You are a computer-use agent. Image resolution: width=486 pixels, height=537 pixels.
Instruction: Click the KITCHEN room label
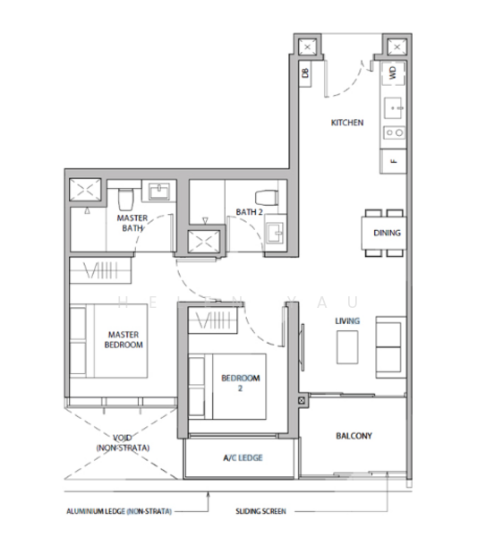point(347,123)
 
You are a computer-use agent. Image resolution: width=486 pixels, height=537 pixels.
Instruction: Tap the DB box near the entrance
point(305,73)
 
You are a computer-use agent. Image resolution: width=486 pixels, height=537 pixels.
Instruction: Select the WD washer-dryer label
point(393,72)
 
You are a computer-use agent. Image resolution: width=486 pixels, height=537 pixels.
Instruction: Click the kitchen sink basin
point(393,108)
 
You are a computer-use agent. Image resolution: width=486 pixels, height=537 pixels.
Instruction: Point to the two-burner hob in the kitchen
point(394,132)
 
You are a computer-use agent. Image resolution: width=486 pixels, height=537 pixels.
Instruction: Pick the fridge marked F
point(394,161)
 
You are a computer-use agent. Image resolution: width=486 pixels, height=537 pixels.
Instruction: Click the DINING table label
point(387,233)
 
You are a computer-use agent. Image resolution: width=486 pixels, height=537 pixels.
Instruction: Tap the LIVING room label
point(347,321)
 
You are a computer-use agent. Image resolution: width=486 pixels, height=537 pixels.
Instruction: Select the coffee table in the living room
point(347,347)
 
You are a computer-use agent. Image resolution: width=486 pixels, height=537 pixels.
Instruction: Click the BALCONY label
point(354,436)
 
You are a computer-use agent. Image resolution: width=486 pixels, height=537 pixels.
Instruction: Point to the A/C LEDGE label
point(243,457)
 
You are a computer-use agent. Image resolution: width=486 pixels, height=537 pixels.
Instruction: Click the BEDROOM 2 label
point(241,383)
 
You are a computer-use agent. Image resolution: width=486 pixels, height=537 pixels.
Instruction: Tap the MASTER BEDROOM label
point(124,339)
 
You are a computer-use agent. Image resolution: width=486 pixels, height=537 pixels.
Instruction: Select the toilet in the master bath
point(125,199)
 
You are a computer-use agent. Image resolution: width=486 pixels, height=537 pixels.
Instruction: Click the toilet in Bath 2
point(267,198)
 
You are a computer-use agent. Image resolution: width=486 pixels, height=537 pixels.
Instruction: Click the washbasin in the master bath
point(159,192)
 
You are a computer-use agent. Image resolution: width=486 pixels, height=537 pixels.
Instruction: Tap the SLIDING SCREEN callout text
point(260,511)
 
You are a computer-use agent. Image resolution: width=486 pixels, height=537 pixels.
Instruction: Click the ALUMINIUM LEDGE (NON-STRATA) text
point(119,511)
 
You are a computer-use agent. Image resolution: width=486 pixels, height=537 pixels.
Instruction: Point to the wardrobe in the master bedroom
point(100,270)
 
